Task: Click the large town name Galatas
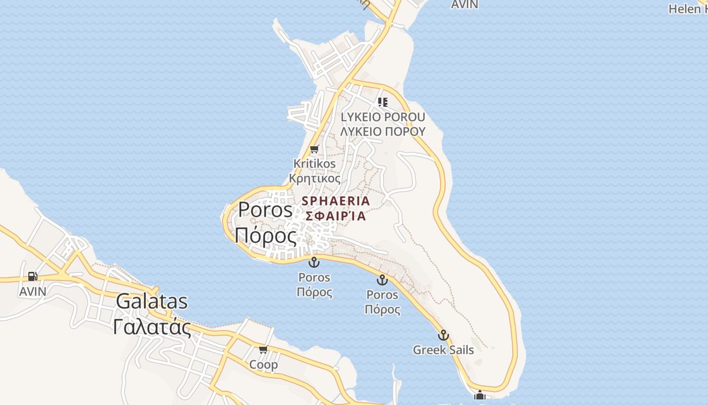pyautogui.click(x=152, y=302)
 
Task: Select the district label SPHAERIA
pyautogui.click(x=336, y=201)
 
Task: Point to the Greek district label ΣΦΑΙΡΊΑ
pyautogui.click(x=336, y=216)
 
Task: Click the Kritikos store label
pyautogui.click(x=315, y=164)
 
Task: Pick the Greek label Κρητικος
pyautogui.click(x=315, y=179)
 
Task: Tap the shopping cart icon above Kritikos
pyautogui.click(x=315, y=149)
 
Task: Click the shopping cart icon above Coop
pyautogui.click(x=263, y=350)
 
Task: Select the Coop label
pyautogui.click(x=263, y=364)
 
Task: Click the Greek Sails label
pyautogui.click(x=444, y=350)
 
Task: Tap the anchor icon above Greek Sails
pyautogui.click(x=443, y=335)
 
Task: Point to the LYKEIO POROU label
pyautogui.click(x=383, y=117)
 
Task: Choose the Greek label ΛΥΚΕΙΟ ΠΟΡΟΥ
pyautogui.click(x=383, y=132)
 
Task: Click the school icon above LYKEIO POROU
pyautogui.click(x=383, y=102)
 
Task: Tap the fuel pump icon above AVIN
pyautogui.click(x=33, y=276)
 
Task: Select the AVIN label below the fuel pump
pyautogui.click(x=33, y=292)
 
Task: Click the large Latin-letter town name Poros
pyautogui.click(x=265, y=210)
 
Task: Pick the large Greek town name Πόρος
pyautogui.click(x=265, y=236)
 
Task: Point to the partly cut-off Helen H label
pyautogui.click(x=688, y=9)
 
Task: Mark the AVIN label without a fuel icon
pyautogui.click(x=464, y=5)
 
